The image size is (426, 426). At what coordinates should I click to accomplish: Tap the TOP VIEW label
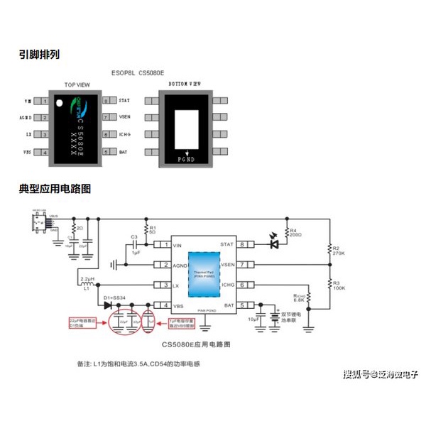77,84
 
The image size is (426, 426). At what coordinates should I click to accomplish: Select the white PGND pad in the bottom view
189,133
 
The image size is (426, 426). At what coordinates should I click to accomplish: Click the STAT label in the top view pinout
124,101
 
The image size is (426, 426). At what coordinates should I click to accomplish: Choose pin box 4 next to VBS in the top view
45,151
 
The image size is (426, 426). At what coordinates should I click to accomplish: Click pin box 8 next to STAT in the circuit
243,245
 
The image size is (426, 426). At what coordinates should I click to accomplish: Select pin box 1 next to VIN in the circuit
165,245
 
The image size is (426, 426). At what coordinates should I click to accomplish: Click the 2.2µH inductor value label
87,278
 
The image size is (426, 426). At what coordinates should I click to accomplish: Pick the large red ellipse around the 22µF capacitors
126,320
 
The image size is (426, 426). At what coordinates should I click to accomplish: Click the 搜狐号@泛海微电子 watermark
380,374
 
